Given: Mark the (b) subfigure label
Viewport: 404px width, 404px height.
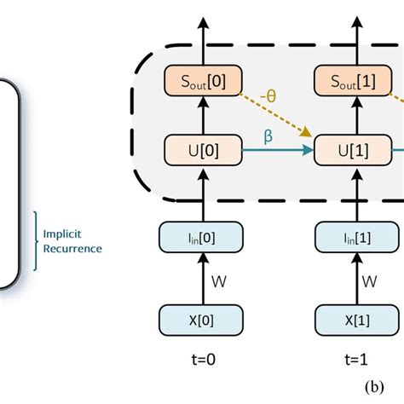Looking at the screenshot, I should pos(377,386).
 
